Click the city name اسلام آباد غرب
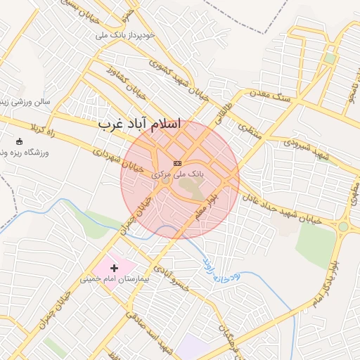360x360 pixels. (x=139, y=124)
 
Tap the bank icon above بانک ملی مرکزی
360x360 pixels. (x=176, y=163)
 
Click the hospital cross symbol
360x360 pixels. (x=114, y=268)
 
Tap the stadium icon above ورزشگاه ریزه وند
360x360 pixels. (x=19, y=141)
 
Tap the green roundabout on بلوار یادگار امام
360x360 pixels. (x=342, y=226)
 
